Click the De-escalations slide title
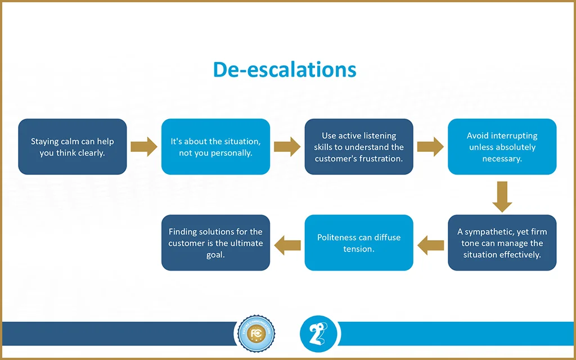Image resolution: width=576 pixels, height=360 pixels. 285,70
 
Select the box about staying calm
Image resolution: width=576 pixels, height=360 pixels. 72,147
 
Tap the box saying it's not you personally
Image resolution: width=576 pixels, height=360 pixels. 215,147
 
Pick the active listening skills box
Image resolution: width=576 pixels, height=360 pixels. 359,147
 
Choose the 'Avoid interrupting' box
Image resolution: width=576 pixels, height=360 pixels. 502,147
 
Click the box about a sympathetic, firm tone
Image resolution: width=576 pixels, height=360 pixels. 502,243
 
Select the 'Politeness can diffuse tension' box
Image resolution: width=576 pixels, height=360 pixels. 359,243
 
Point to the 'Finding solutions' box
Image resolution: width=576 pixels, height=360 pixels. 215,243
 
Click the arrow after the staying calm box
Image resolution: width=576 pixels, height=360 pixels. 144,147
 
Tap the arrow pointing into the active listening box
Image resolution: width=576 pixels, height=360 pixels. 287,147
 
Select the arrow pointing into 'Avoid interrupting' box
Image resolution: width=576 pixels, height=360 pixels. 430,147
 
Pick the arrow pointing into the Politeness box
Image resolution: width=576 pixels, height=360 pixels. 430,244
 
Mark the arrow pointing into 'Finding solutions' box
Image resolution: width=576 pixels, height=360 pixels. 287,244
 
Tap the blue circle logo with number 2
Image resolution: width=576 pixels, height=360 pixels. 318,334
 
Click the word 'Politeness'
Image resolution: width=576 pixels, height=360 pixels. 336,237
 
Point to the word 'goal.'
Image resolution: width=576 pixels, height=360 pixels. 215,254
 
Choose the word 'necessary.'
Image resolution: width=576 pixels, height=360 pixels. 502,158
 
